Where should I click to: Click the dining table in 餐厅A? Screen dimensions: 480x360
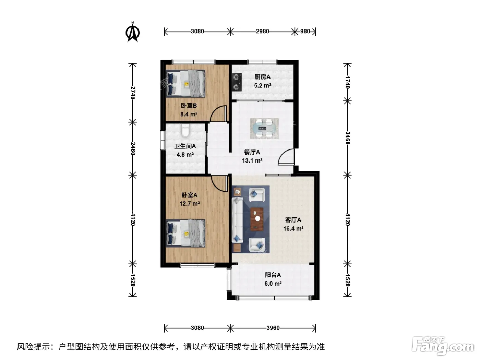[264, 129]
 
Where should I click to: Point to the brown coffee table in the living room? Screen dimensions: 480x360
[257, 219]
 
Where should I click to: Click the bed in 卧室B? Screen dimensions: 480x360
[185, 83]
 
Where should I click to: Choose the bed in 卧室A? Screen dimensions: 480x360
[185, 233]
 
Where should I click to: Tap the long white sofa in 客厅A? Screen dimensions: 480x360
[237, 220]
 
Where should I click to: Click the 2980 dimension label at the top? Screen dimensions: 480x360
[262, 32]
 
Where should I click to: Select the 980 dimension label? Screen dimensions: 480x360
[305, 32]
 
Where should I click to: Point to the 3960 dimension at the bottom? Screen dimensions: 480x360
[273, 328]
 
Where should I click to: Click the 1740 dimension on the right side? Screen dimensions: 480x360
[348, 82]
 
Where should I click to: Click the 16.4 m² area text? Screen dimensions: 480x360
[293, 229]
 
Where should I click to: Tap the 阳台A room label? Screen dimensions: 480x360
[273, 275]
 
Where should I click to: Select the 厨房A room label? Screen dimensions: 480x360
[262, 77]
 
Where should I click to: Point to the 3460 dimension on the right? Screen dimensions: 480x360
[348, 138]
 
